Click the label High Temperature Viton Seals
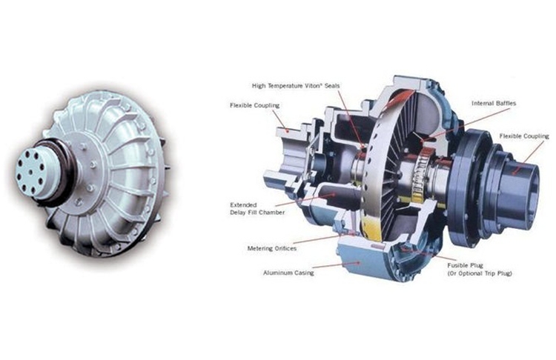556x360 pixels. pyautogui.click(x=296, y=86)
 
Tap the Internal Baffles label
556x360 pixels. pyautogui.click(x=494, y=104)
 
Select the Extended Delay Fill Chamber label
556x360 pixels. pyautogui.click(x=257, y=209)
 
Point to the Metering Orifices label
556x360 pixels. pyautogui.click(x=271, y=248)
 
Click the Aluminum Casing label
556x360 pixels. pyautogui.click(x=288, y=273)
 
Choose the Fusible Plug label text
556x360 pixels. pyautogui.click(x=465, y=265)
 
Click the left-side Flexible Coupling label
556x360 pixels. pyautogui.click(x=254, y=105)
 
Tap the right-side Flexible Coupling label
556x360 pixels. pyautogui.click(x=524, y=136)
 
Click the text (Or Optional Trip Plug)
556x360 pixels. pyautogui.click(x=480, y=273)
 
